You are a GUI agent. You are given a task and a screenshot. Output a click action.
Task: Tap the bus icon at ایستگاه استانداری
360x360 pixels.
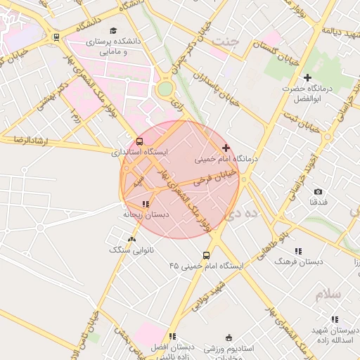[139, 141]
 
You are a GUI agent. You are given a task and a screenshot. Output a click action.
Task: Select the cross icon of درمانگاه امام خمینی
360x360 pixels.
[226, 148]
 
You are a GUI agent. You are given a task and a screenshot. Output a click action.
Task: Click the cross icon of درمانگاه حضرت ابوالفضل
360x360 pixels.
[307, 77]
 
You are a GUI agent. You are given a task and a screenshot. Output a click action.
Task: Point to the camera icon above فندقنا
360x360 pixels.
[318, 191]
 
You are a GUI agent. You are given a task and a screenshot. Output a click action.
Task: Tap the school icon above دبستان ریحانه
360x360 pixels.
[146, 204]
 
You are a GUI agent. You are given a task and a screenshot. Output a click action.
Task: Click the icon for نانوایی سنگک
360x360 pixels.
[131, 239]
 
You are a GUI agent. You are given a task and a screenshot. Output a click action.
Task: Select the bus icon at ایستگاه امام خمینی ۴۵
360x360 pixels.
[206, 255]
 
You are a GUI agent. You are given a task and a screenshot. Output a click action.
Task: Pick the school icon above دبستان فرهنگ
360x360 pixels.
[298, 250]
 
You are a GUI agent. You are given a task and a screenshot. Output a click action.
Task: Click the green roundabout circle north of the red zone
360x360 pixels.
[165, 89]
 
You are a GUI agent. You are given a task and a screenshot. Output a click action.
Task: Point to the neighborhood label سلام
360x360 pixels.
[328, 294]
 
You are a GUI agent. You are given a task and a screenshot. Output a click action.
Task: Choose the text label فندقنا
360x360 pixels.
[318, 202]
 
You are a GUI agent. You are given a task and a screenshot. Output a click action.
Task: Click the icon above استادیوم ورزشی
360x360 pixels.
[227, 337]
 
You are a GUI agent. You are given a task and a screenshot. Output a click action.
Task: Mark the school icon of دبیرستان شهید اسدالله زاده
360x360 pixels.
[334, 319]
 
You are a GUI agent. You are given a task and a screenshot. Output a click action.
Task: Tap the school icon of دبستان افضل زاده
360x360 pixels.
[172, 336]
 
